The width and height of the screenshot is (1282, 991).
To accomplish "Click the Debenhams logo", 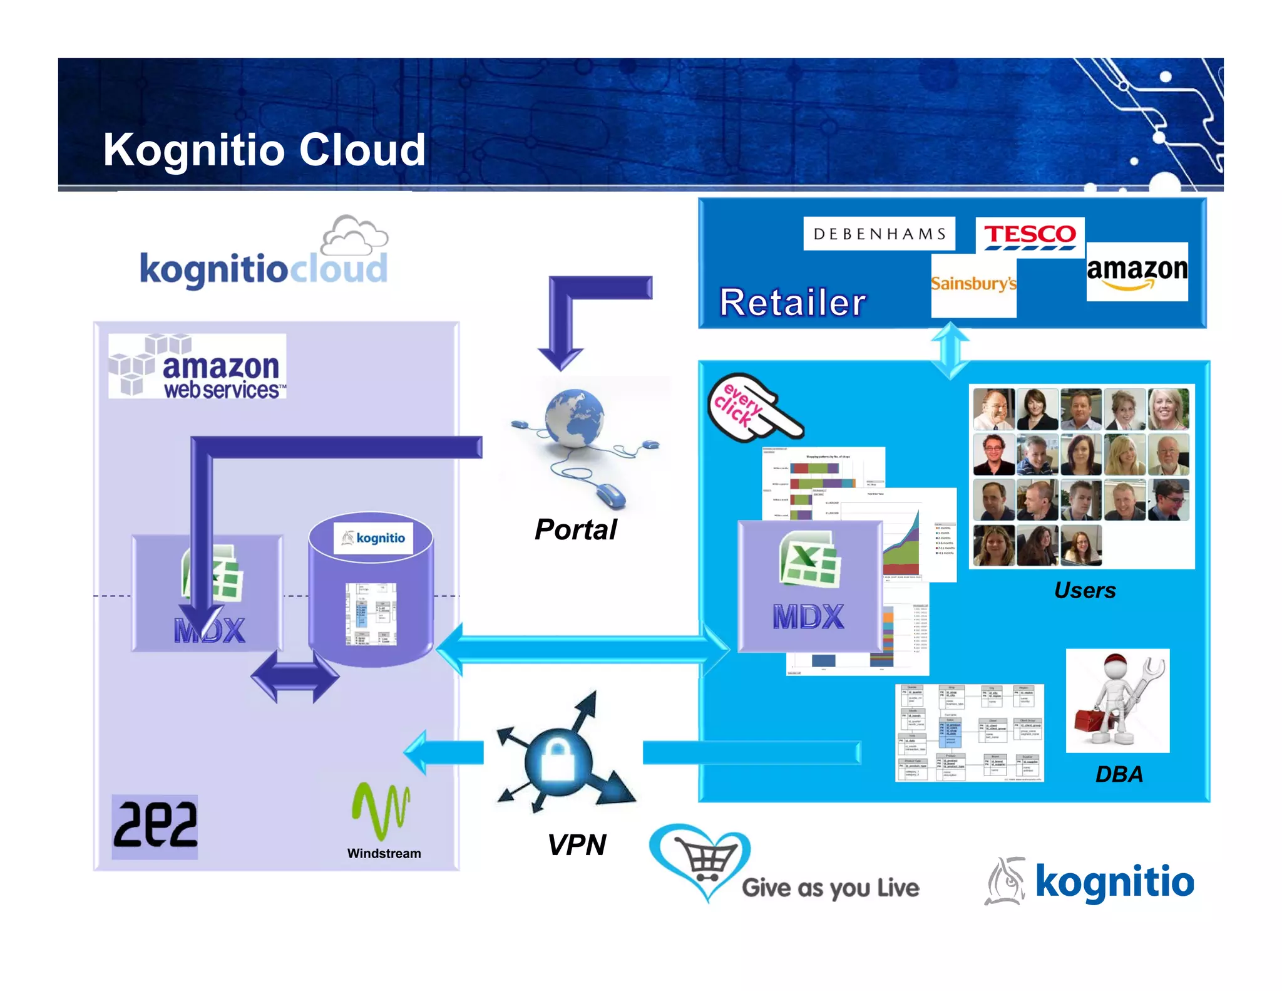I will (879, 234).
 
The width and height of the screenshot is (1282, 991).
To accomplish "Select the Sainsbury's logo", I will (973, 284).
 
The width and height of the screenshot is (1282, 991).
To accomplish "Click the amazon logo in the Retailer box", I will (1137, 272).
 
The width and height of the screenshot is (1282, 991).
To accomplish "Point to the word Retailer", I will (792, 303).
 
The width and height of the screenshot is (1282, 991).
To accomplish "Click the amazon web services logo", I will (197, 366).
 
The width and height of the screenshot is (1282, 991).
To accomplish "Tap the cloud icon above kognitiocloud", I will (354, 235).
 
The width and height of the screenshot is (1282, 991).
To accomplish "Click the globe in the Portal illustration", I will (574, 418).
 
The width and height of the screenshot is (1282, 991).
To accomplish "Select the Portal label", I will (575, 530).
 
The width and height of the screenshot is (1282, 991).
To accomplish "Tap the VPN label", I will (576, 845).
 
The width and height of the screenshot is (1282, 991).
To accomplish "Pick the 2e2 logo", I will (155, 826).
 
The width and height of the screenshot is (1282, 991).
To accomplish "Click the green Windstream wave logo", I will (381, 810).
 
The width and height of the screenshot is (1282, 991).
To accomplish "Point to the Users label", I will (1084, 590).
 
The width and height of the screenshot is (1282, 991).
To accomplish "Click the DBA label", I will (1119, 774).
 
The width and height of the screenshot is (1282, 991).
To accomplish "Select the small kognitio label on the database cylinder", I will (374, 538).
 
